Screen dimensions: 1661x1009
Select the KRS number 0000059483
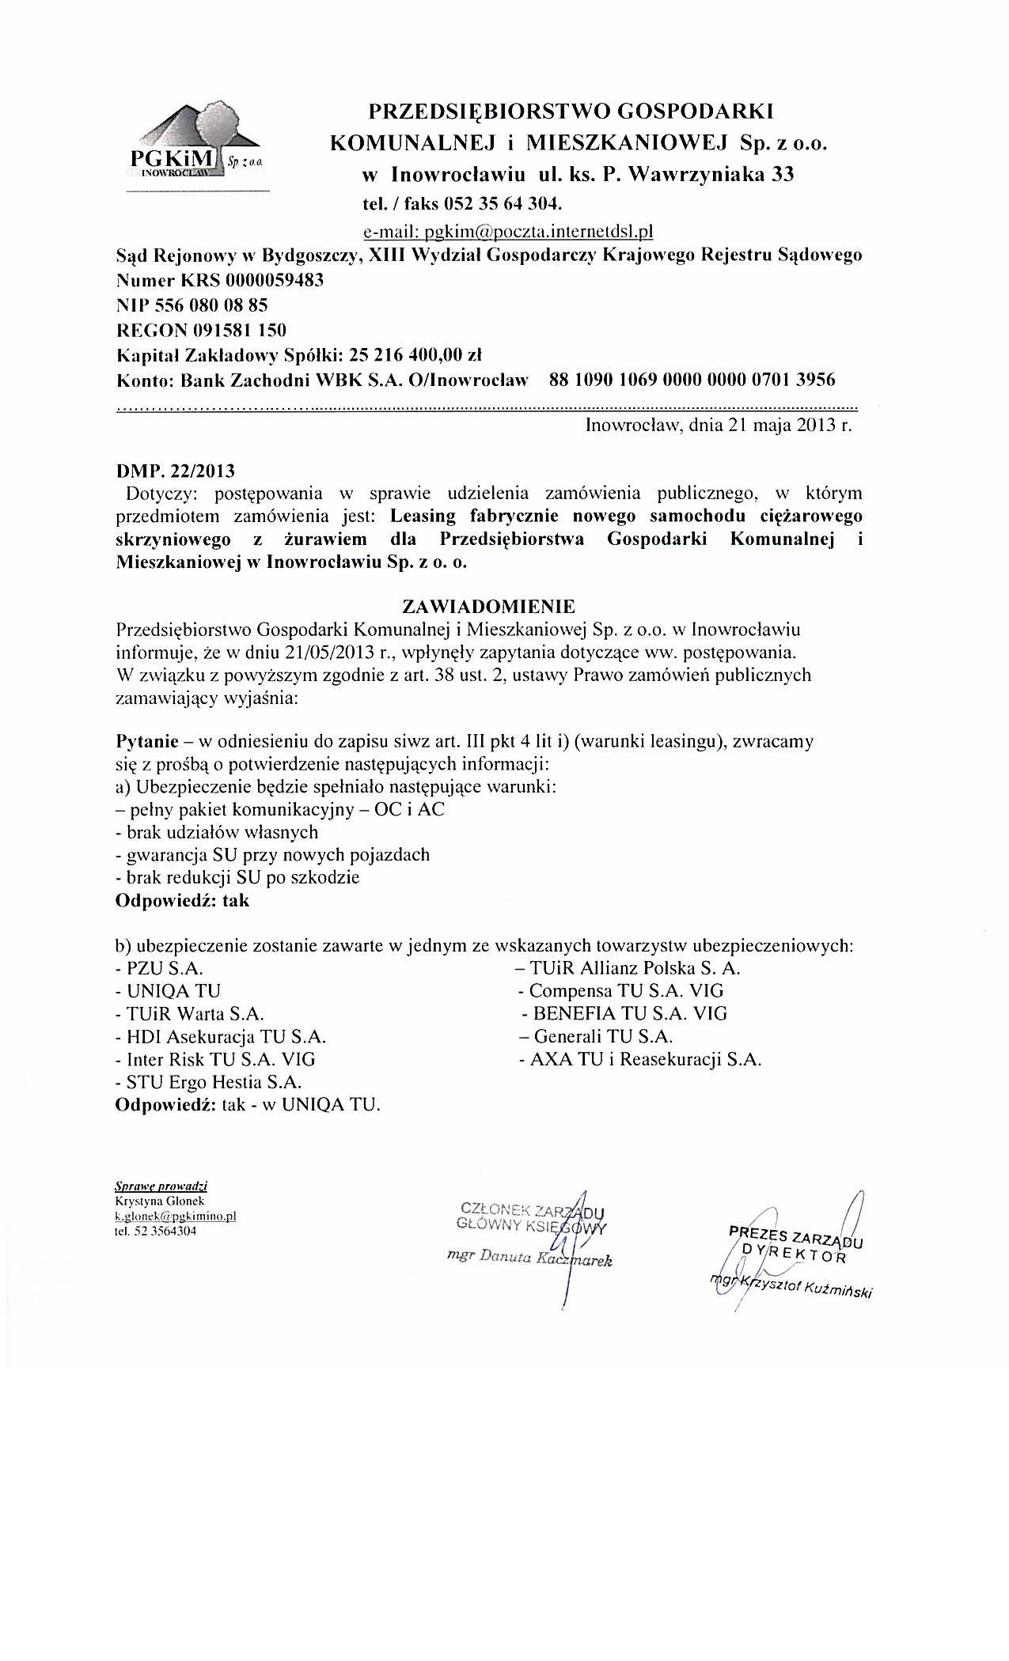click(275, 281)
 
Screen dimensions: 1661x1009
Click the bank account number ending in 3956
click(692, 380)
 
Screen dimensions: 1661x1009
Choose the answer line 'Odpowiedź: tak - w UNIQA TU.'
click(248, 1105)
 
